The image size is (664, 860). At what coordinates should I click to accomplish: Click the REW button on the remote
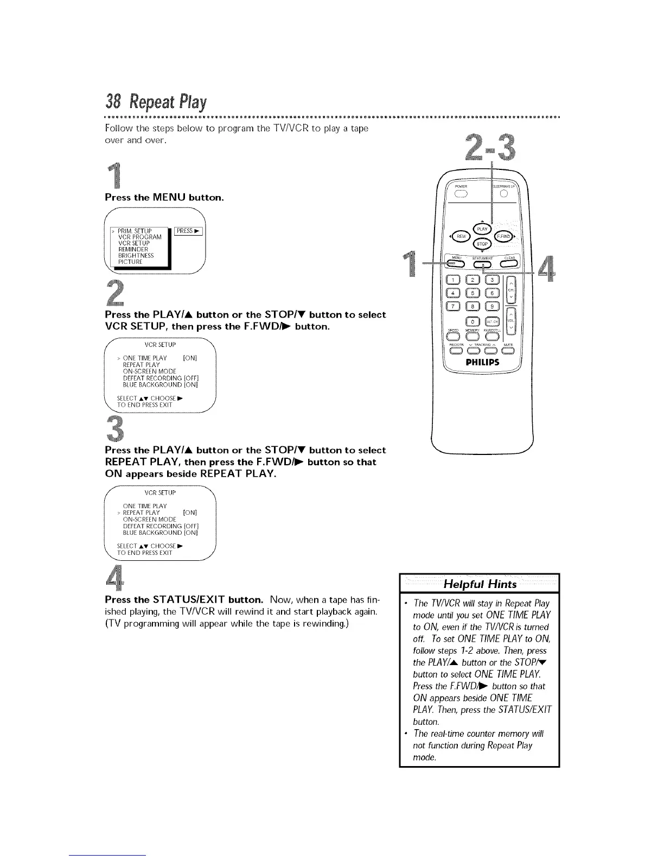point(461,236)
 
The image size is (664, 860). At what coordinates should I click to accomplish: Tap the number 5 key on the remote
point(473,293)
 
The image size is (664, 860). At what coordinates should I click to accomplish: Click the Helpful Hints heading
point(480,584)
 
